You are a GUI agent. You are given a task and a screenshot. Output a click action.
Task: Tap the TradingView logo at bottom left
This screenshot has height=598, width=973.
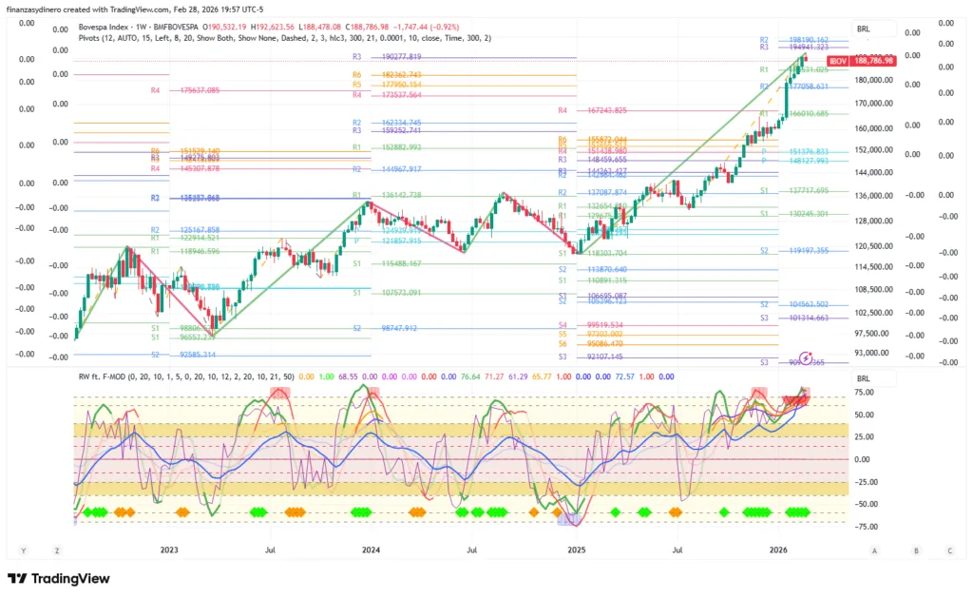click(x=59, y=578)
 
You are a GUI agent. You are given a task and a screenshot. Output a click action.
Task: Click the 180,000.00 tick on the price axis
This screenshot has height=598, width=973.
click(x=873, y=80)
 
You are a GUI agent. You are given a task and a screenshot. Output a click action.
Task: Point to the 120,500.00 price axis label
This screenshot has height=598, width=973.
click(x=873, y=245)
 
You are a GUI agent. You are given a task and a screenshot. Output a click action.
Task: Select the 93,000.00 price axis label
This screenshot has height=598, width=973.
click(x=873, y=353)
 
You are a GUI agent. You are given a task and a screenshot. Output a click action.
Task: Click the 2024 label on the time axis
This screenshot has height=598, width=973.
click(x=371, y=550)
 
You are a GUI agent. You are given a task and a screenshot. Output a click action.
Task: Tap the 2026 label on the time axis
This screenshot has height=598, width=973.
click(x=778, y=550)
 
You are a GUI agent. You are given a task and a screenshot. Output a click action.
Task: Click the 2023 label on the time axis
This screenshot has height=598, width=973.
click(x=169, y=550)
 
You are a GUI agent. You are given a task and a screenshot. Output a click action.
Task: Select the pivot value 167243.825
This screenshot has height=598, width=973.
click(x=608, y=110)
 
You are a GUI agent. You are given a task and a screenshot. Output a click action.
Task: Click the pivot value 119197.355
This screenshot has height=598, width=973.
click(x=808, y=251)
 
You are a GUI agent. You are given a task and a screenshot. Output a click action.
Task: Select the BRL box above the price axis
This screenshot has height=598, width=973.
click(x=864, y=29)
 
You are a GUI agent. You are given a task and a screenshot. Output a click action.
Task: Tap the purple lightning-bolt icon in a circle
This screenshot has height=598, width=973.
click(x=806, y=358)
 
